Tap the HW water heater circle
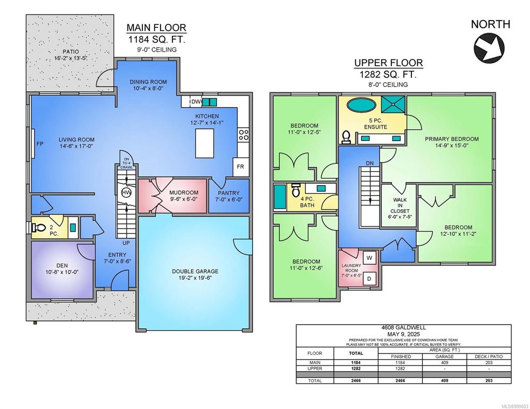coord(126,192)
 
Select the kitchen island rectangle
coord(204,143)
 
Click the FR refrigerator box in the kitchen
coord(241,167)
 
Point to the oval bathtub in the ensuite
coord(361,105)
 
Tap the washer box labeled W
coord(370,257)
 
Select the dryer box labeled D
coord(370,279)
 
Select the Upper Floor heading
coord(388,63)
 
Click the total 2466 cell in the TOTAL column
coord(356,381)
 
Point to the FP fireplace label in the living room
coord(39,145)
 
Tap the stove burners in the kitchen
coord(243,135)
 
